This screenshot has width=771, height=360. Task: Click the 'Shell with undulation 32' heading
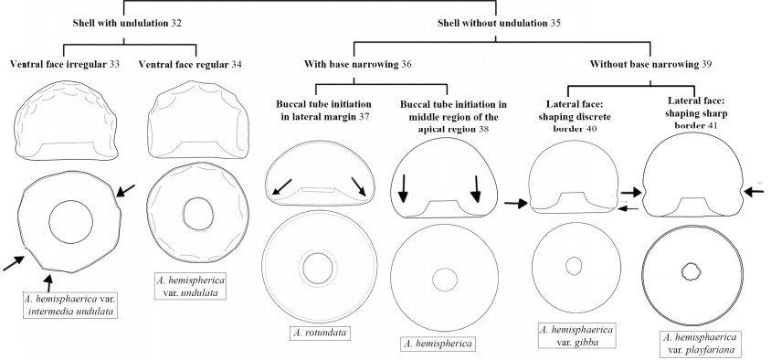click(127, 23)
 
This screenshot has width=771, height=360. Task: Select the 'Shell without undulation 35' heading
click(499, 23)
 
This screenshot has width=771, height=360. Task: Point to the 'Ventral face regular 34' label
click(190, 65)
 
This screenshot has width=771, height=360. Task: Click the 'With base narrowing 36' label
click(357, 65)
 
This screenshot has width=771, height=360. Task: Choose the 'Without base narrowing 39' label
click(650, 65)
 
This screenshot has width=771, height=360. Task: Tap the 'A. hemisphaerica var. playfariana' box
click(699, 344)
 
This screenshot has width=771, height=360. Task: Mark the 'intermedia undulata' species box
click(71, 304)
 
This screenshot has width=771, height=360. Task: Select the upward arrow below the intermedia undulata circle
click(48, 284)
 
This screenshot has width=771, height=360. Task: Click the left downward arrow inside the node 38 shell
click(403, 188)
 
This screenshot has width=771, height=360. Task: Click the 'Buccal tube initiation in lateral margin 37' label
click(323, 111)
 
